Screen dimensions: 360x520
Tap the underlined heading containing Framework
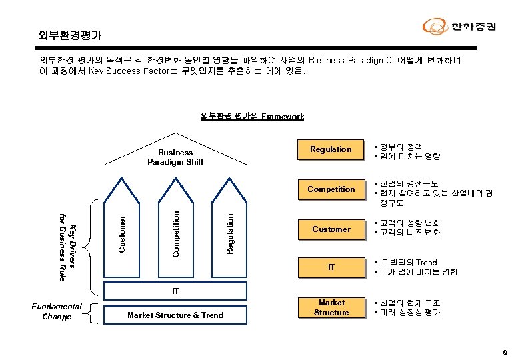click(x=252, y=116)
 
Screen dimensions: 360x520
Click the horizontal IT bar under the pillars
click(x=175, y=291)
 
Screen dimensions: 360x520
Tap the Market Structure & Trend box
click(x=175, y=315)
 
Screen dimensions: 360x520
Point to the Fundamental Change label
click(x=57, y=311)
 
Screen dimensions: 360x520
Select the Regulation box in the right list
click(x=331, y=149)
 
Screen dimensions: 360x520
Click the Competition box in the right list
click(x=331, y=189)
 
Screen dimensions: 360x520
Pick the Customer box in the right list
click(x=331, y=229)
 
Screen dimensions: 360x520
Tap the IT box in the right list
click(x=331, y=267)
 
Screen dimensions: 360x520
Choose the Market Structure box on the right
click(x=331, y=307)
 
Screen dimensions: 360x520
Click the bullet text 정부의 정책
click(x=401, y=147)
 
